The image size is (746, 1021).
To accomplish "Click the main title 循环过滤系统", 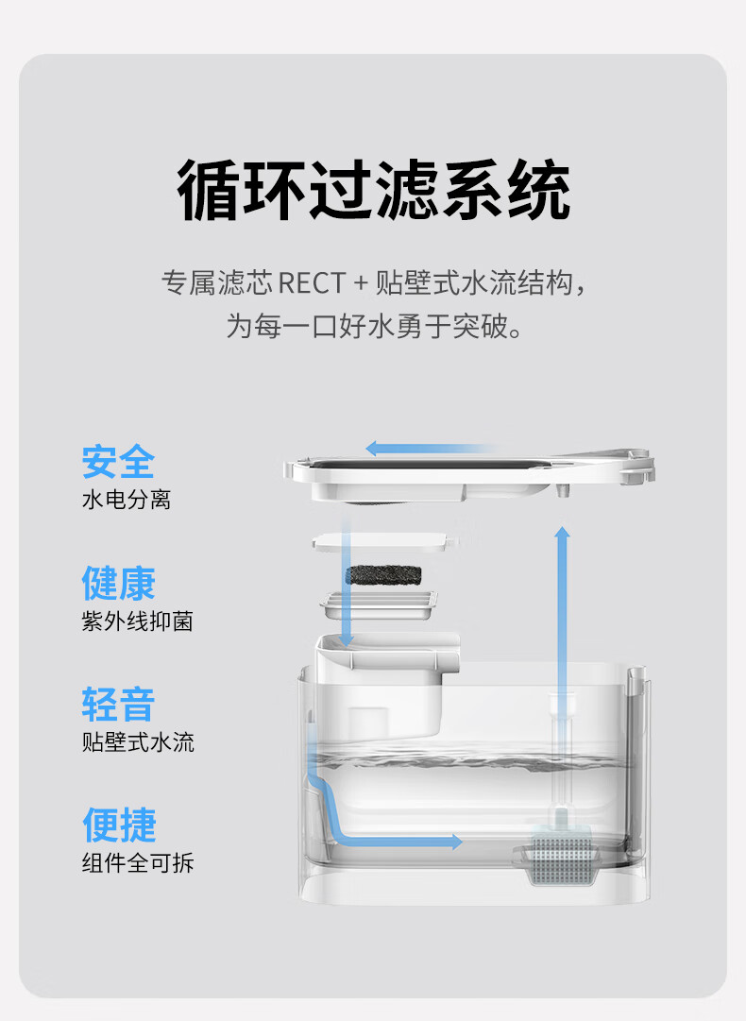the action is [x=374, y=191].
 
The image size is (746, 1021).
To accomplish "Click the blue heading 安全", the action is [x=118, y=462].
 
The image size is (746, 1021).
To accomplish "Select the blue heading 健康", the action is [x=118, y=583].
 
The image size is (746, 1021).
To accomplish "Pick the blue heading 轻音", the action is [x=118, y=704].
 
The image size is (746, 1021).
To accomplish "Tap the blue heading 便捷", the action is [x=118, y=825].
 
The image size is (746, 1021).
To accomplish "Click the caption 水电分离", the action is [x=126, y=500].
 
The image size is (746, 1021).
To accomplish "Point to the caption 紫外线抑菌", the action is [x=137, y=621].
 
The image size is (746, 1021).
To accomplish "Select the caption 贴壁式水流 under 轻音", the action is [x=138, y=741].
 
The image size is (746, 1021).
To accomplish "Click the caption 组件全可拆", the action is [x=137, y=862].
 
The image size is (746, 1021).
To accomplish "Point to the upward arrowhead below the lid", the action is [x=562, y=535].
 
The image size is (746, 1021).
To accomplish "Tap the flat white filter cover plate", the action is [x=383, y=543].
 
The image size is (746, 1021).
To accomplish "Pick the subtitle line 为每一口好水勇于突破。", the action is [x=374, y=327].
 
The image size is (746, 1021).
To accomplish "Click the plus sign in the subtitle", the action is [x=359, y=282].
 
